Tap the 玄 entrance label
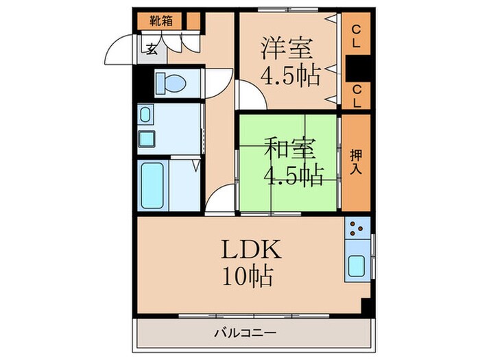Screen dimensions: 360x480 pos(150,48)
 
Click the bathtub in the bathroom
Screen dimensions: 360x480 pos(152,184)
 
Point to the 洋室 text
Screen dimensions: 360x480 pos(287,49)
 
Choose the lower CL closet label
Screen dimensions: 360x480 pos(357,95)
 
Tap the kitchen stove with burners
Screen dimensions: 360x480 pos(357,227)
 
